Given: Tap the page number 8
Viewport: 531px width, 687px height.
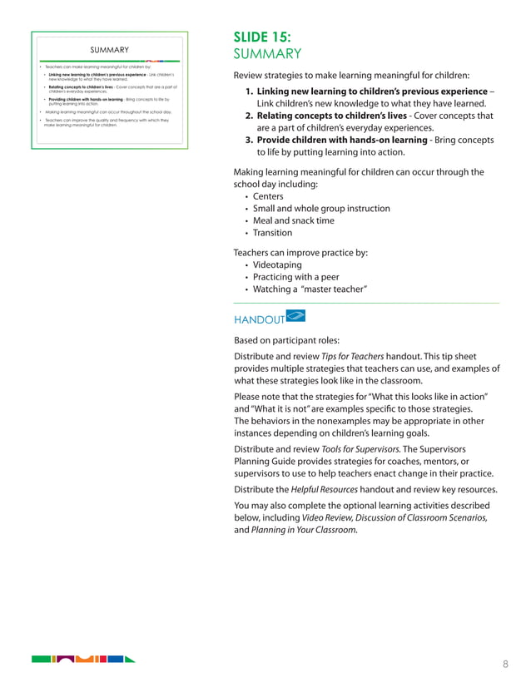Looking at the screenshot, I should tap(505, 663).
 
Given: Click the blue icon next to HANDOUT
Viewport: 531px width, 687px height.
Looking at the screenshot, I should tap(295, 315).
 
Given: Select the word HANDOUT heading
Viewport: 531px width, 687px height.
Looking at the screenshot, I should tap(259, 319).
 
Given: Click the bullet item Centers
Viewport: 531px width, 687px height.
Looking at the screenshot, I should tap(268, 196).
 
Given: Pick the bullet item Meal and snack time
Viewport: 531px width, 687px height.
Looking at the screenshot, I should tap(294, 220).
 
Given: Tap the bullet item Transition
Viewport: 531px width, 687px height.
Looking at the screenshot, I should tap(273, 233).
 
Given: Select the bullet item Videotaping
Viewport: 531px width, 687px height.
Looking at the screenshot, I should tap(277, 264).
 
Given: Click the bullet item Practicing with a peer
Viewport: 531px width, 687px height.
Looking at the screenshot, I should tap(295, 277).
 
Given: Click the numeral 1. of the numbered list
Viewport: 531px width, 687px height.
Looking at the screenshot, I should tap(250, 91).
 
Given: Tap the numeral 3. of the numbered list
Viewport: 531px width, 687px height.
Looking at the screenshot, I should tap(250, 141).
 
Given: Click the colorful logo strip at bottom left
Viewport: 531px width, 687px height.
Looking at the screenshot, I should tap(82, 660).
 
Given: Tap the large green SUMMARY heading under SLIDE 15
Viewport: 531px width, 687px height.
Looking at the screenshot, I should tap(266, 54).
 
